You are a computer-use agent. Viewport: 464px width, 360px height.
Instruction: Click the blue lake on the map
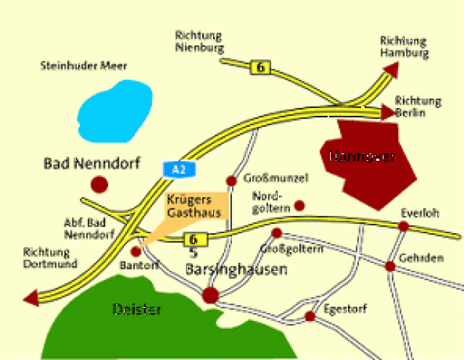click(x=117, y=109)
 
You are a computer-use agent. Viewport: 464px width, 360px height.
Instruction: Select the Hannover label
click(x=361, y=156)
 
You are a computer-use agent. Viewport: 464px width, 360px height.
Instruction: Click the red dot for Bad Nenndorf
click(x=99, y=184)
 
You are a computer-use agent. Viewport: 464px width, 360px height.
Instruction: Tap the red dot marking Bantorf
click(x=136, y=251)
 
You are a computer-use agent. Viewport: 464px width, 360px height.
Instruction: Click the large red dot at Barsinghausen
click(x=210, y=295)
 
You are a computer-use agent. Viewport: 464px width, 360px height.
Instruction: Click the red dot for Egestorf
click(x=310, y=317)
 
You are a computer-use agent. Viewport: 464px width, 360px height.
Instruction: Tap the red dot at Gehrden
click(x=390, y=266)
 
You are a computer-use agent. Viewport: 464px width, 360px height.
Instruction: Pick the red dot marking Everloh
click(x=404, y=227)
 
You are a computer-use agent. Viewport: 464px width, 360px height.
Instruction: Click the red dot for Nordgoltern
click(x=299, y=206)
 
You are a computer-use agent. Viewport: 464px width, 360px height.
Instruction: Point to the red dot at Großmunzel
click(x=231, y=180)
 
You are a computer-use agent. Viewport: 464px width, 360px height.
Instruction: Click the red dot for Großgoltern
click(x=276, y=233)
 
